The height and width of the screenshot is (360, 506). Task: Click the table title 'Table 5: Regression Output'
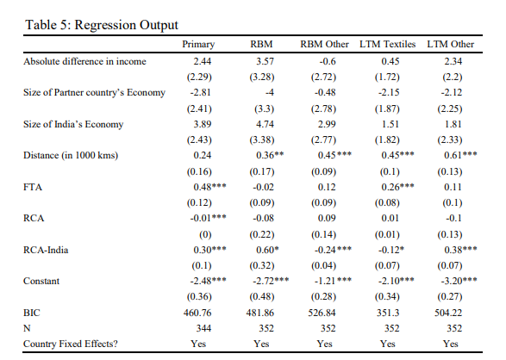click(x=102, y=25)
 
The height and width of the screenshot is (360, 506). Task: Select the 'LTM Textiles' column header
click(x=388, y=44)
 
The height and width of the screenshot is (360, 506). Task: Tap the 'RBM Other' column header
click(x=324, y=44)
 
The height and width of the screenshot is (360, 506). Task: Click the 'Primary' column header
click(x=198, y=45)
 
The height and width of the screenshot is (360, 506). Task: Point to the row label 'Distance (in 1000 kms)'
click(x=71, y=155)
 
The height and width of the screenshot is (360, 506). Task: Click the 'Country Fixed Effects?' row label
click(x=71, y=344)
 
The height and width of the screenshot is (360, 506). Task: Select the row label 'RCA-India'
click(x=46, y=250)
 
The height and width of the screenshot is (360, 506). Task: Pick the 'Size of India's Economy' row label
click(x=73, y=124)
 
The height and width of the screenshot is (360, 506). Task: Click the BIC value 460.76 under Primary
click(x=197, y=313)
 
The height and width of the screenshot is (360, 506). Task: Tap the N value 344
click(x=203, y=328)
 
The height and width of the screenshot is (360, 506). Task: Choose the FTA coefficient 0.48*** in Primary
click(x=209, y=187)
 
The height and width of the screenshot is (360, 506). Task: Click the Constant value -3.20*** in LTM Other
click(x=459, y=281)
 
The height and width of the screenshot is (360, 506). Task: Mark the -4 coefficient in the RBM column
click(x=270, y=92)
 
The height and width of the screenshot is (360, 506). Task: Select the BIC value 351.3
click(x=388, y=313)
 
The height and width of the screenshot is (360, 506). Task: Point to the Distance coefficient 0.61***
click(x=460, y=155)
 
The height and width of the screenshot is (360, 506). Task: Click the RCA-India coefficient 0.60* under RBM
click(x=267, y=250)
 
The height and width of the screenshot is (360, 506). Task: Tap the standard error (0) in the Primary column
click(x=205, y=234)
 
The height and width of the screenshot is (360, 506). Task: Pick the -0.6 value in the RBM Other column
click(x=328, y=61)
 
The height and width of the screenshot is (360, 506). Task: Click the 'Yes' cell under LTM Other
click(x=451, y=344)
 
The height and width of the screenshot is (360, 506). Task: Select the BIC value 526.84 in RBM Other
click(x=322, y=313)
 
